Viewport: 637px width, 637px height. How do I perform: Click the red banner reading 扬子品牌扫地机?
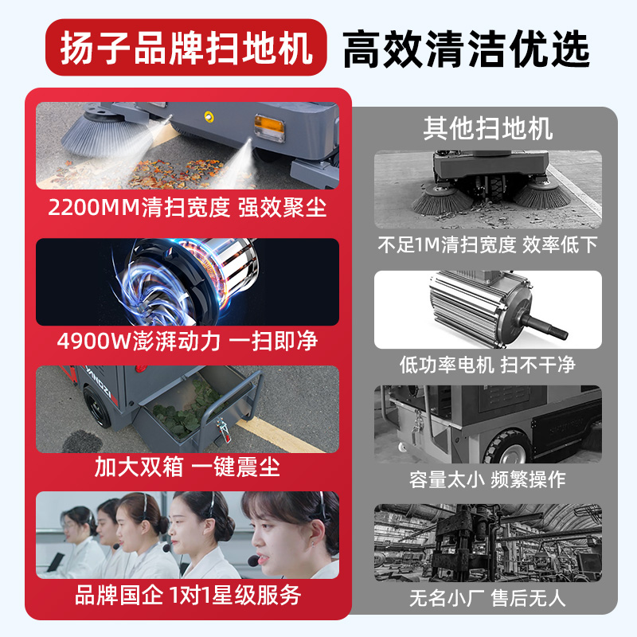[x=186, y=48]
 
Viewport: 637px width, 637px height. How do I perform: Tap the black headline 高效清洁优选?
[x=466, y=49]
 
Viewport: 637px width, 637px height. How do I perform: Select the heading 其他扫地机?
[x=487, y=128]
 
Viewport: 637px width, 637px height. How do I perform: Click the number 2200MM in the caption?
[x=94, y=207]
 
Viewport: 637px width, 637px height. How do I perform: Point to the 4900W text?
[x=93, y=342]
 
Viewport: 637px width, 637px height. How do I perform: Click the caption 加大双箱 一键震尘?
[x=187, y=467]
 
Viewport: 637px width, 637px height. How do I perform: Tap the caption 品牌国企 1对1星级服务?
[x=188, y=595]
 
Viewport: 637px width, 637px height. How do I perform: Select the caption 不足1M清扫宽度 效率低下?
[x=487, y=244]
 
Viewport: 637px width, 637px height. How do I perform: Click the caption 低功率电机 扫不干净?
[x=487, y=365]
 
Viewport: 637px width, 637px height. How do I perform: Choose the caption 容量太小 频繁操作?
[x=487, y=479]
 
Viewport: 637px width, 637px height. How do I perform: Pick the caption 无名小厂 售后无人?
[x=487, y=598]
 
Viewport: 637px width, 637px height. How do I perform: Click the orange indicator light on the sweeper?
[x=268, y=127]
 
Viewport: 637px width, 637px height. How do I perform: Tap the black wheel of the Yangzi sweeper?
[x=97, y=406]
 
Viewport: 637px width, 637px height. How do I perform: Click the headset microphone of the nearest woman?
[x=253, y=561]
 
